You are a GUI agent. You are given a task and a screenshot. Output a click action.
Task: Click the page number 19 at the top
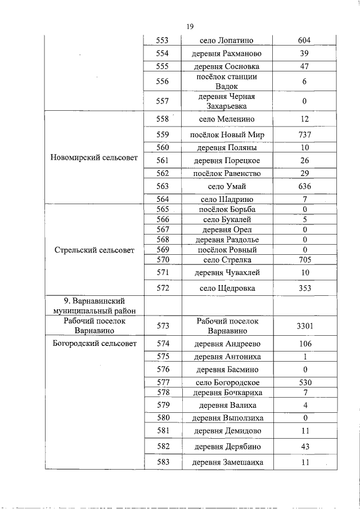coord(190,26)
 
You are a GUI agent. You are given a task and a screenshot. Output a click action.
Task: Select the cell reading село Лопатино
coord(227,40)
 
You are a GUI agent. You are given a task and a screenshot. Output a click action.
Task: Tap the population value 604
coord(304,40)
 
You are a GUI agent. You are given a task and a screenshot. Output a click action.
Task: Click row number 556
coord(163,82)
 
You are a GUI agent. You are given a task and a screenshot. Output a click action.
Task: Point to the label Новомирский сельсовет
coord(93,157)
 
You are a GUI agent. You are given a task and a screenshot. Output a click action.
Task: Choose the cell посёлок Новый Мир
coord(227,135)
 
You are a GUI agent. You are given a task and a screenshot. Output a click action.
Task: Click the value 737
coord(304,135)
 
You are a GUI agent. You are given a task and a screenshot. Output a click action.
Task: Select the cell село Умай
coord(227,186)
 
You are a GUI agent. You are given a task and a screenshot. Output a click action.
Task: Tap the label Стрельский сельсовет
coord(93,250)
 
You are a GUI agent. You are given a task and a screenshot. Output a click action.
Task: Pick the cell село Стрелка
coord(227,260)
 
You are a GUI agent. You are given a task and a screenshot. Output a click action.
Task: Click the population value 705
coord(304,260)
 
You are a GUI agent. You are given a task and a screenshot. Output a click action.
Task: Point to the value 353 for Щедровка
coord(304,288)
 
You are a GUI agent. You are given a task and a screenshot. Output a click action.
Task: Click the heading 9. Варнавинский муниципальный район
coord(93,306)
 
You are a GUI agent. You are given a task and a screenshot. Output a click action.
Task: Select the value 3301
coord(304,326)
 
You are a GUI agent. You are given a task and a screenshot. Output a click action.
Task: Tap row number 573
coord(163,326)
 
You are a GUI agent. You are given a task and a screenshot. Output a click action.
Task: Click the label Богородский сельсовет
coord(93,344)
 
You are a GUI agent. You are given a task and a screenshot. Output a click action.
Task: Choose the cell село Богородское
coord(227,382)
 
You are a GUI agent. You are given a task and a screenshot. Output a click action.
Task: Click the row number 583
coord(163,462)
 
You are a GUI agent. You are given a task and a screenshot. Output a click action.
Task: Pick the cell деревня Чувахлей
coord(227,273)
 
